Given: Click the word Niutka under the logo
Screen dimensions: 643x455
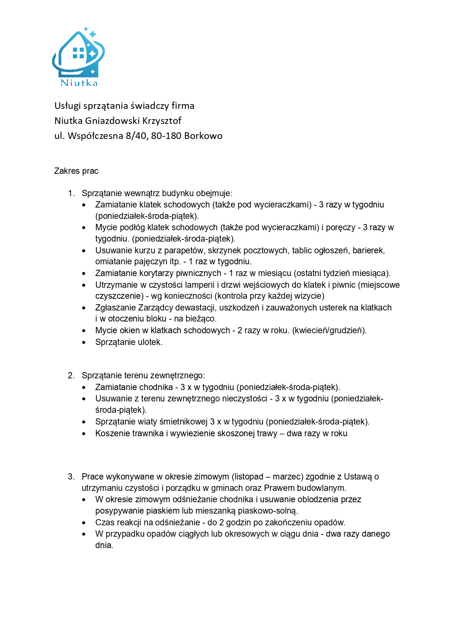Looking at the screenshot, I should tap(79, 83).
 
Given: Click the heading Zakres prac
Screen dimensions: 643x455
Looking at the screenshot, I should tap(76, 171).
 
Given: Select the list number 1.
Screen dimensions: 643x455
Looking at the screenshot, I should tap(71, 193).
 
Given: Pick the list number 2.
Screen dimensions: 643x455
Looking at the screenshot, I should tap(71, 375).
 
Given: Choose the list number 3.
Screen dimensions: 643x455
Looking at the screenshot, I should tap(71, 477).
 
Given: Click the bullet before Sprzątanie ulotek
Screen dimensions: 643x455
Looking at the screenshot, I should tap(84, 342).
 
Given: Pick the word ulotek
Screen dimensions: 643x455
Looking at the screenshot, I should tap(151, 342).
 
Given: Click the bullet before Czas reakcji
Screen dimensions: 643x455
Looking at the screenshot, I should tap(84, 523).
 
